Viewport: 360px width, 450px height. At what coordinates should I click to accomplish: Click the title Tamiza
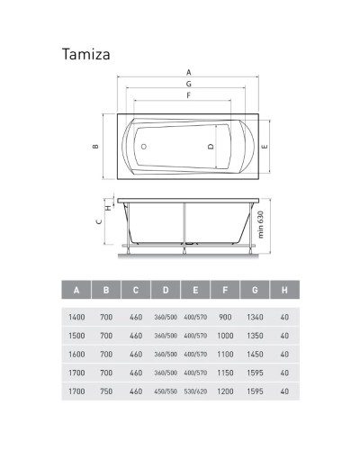(x=87, y=53)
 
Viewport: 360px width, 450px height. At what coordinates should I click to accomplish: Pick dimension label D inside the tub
(x=211, y=146)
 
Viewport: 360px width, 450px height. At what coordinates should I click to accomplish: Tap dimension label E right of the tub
(x=264, y=146)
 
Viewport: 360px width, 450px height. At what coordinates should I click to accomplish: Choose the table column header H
(x=283, y=290)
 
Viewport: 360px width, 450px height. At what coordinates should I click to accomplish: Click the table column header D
(x=165, y=290)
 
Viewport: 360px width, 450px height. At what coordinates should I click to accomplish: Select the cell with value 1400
(x=76, y=316)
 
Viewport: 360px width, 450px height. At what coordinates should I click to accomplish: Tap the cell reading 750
(x=106, y=391)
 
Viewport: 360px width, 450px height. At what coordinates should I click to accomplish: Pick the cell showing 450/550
(x=165, y=391)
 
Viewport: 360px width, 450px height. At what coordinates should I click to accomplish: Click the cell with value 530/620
(x=194, y=391)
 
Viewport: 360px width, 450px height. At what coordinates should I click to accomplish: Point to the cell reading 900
(x=224, y=316)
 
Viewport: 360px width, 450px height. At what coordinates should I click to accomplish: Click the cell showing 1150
(x=224, y=373)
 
